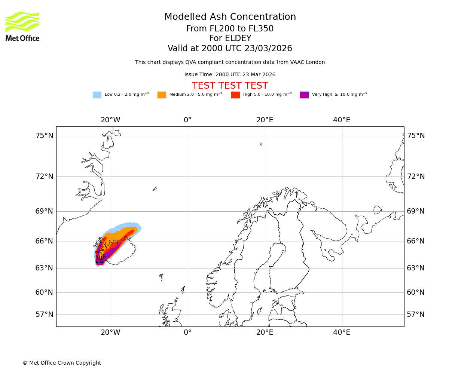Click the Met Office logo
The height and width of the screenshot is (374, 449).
coord(22,26)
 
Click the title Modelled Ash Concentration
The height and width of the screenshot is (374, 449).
coord(230,17)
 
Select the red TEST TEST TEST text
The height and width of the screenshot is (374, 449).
coord(230,86)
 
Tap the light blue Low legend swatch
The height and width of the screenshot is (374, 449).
coord(97,95)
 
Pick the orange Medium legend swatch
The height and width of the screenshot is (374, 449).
coord(162,95)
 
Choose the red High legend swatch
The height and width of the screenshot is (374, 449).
coord(235,95)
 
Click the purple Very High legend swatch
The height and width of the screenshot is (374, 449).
coord(304,95)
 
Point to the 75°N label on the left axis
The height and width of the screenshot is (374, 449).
coord(45,136)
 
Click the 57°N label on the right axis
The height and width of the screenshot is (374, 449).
coord(416,315)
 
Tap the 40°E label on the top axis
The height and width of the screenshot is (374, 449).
coord(342,120)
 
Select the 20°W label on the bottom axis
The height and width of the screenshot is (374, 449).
coord(110,332)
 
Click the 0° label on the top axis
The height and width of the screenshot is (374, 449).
coord(187,120)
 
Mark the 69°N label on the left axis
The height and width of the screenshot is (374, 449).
coord(45,211)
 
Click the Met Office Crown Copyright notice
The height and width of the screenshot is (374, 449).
coord(62,363)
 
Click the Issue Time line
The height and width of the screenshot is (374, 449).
coord(230,75)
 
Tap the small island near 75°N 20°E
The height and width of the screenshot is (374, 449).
coord(261,144)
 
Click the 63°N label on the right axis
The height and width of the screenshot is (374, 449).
coord(416,268)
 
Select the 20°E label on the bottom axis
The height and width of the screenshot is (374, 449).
coord(265,332)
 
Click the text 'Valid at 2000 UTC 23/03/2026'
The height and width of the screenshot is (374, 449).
coord(230,49)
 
